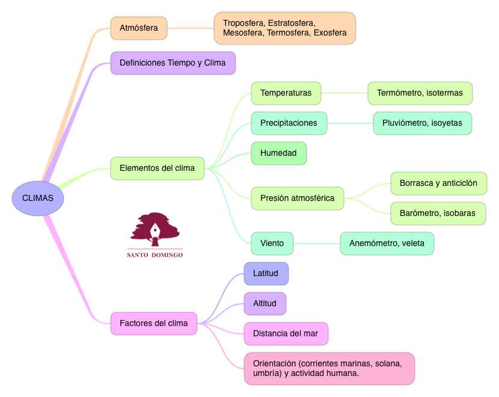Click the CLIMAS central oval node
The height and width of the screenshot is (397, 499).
38,198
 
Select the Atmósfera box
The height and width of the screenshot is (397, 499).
139,28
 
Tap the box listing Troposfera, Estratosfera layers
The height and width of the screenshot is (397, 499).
284,28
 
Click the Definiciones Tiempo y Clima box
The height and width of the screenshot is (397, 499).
173,63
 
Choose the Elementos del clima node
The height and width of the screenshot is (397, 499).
157,168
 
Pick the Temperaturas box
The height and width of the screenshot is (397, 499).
286,93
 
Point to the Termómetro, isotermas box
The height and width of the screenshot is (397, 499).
420,93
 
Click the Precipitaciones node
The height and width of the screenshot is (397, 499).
289,123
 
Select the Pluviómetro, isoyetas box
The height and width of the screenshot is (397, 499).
422,123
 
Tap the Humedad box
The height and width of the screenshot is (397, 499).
278,153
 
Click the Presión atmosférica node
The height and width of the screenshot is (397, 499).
297,198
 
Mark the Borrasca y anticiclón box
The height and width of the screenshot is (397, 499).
438,183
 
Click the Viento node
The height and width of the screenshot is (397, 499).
272,244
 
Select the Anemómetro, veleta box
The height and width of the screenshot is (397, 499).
387,244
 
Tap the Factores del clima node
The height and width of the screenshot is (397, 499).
153,324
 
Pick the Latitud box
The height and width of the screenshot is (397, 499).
266,274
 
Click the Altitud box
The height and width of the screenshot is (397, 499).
265,304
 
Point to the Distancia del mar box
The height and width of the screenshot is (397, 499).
286,334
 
